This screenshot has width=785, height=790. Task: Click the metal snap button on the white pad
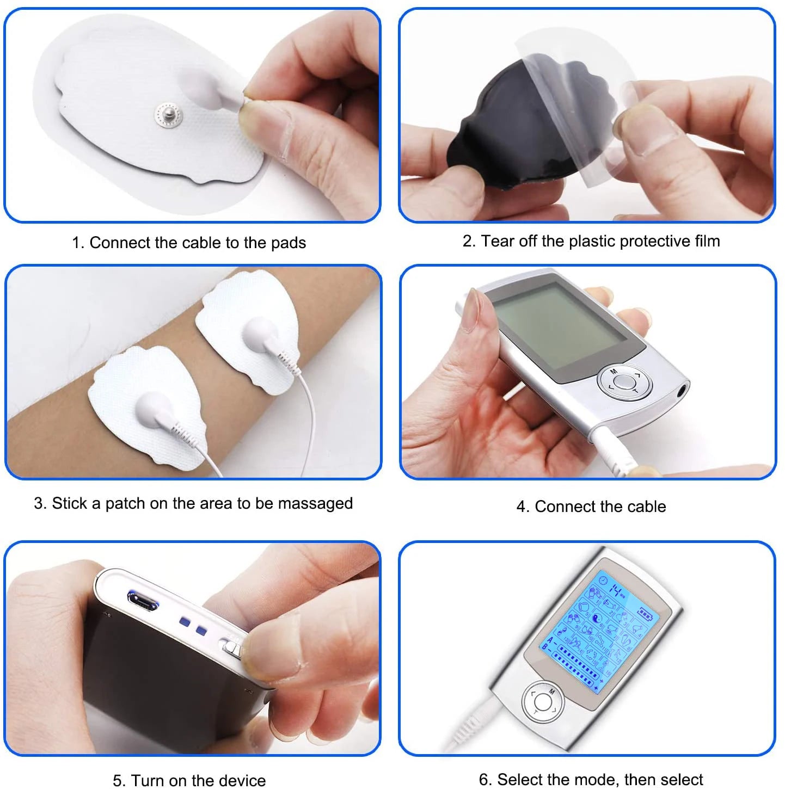(x=167, y=115)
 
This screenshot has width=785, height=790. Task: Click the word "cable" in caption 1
(x=201, y=243)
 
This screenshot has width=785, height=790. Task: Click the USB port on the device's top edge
(x=143, y=600)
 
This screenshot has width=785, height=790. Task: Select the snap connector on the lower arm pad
(x=154, y=408)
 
